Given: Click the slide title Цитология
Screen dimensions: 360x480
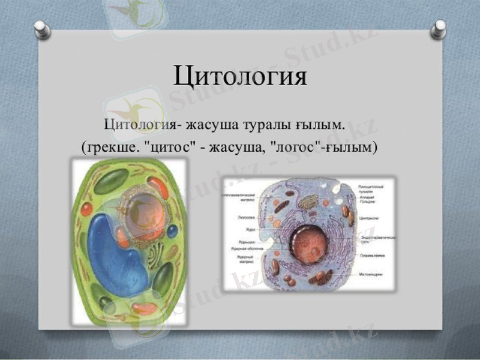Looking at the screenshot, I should (240, 76).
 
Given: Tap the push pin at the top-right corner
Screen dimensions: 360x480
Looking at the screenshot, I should (439, 27).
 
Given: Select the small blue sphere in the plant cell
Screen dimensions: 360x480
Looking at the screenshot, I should (172, 231).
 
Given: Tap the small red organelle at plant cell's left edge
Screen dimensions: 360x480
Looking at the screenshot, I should (87, 209).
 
